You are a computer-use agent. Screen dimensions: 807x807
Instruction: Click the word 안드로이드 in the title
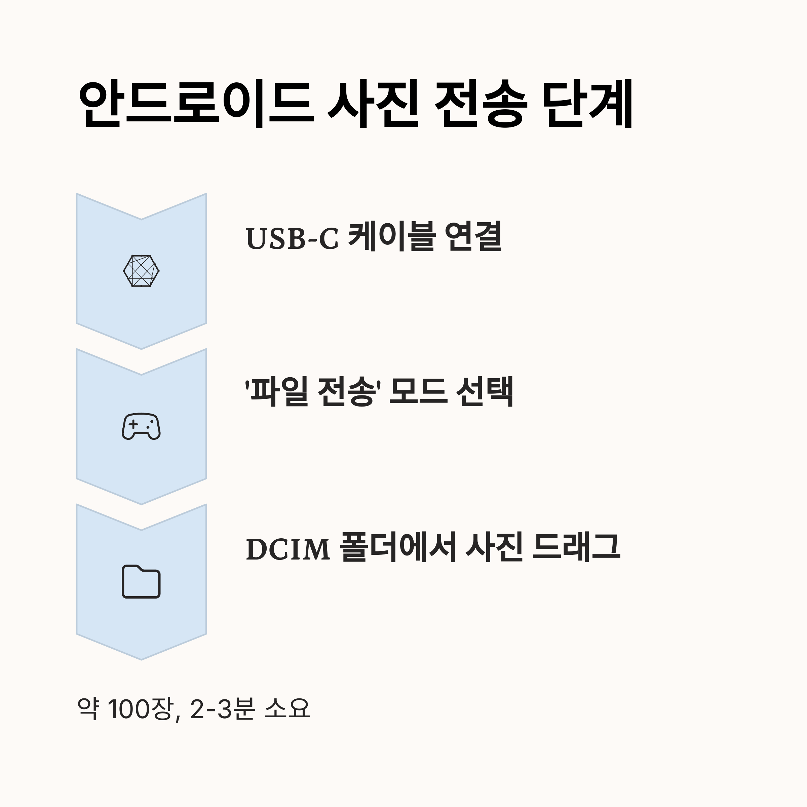coord(196,104)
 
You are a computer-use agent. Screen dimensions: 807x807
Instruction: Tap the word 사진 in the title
coord(373,104)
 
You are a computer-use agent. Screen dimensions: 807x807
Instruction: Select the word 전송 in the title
coord(481,104)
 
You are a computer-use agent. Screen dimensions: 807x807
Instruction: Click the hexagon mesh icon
coord(141,271)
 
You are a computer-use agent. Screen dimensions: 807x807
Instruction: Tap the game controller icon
coord(141,426)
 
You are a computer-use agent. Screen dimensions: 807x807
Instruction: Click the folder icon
coord(141,581)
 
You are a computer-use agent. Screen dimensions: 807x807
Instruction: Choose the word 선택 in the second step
coord(485,392)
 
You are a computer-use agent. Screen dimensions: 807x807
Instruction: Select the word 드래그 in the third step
coord(576,547)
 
